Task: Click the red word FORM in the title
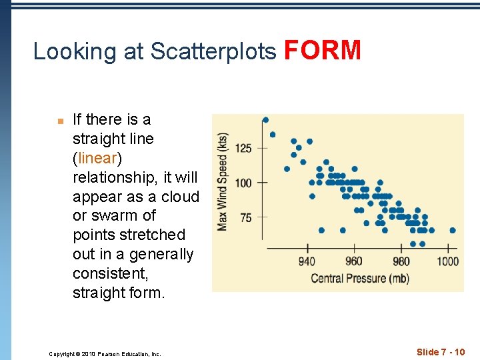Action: click(x=323, y=51)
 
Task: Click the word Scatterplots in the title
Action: click(x=213, y=52)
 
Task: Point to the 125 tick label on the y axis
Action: click(x=243, y=148)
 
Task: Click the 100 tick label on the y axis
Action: click(x=243, y=183)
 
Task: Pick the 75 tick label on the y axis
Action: click(x=245, y=217)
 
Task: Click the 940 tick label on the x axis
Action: click(x=307, y=261)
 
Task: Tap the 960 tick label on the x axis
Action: click(x=354, y=261)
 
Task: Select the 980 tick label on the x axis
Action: click(x=401, y=261)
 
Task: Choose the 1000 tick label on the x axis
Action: click(x=448, y=261)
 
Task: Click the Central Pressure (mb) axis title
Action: click(x=360, y=278)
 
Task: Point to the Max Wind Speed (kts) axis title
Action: click(x=223, y=181)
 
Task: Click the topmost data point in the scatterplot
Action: click(x=265, y=120)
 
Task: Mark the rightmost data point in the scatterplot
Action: click(x=453, y=230)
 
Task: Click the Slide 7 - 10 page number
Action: click(x=441, y=352)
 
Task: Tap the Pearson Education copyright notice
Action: click(x=105, y=354)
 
